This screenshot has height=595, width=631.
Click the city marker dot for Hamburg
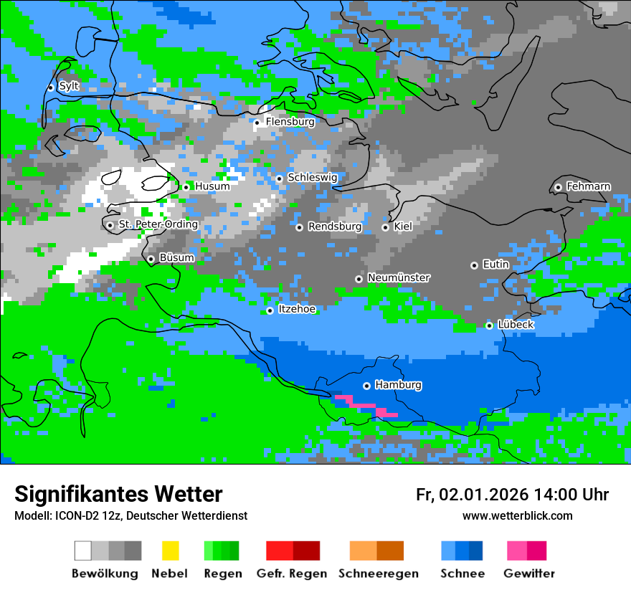pyautogui.click(x=366, y=386)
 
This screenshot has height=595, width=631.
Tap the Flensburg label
pyautogui.click(x=290, y=122)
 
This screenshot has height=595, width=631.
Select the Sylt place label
pyautogui.click(x=69, y=86)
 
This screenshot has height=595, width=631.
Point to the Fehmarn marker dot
pyautogui.click(x=558, y=187)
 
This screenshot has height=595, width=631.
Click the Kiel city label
pyautogui.click(x=403, y=227)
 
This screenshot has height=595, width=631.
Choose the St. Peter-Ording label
pyautogui.click(x=158, y=224)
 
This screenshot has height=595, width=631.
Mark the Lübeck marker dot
pyautogui.click(x=489, y=325)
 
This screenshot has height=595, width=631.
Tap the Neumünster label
pyautogui.click(x=399, y=277)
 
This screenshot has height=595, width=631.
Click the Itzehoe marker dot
pyautogui.click(x=270, y=310)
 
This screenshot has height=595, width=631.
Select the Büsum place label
pyautogui.click(x=176, y=258)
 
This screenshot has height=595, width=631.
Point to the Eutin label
pyautogui.click(x=495, y=265)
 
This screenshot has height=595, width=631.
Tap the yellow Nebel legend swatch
pyautogui.click(x=170, y=551)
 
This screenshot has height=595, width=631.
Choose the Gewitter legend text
pyautogui.click(x=529, y=573)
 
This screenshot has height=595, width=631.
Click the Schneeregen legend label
pyautogui.click(x=378, y=573)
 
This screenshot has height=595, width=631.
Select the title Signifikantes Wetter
pyautogui.click(x=118, y=494)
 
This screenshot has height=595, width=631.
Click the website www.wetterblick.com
pyautogui.click(x=517, y=515)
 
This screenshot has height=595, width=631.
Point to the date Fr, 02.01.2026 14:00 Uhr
pyautogui.click(x=512, y=495)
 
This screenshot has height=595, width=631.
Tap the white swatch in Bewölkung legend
pyautogui.click(x=83, y=551)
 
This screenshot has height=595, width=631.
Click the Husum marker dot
pyautogui.click(x=186, y=187)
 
